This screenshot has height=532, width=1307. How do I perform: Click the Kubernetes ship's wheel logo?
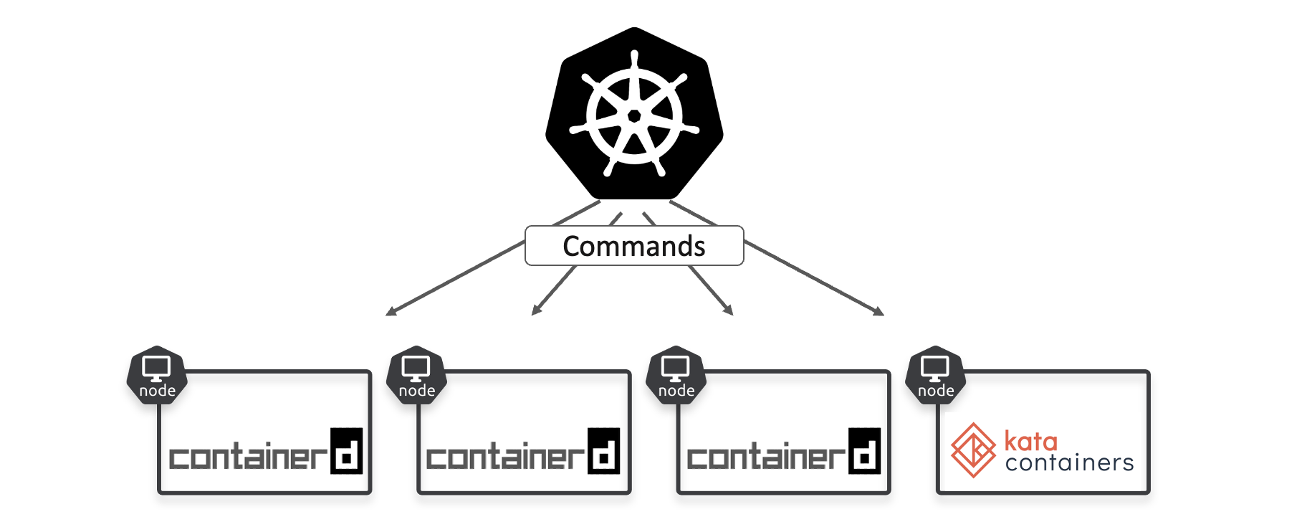pos(634,115)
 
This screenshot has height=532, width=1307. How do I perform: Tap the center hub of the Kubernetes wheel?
pos(634,116)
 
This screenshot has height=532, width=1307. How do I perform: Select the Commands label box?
pos(634,246)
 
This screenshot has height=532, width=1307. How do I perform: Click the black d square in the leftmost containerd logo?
pos(347,451)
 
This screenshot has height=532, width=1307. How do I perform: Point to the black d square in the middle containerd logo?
pos(604,451)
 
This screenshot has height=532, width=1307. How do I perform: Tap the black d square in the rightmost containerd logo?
pos(864,451)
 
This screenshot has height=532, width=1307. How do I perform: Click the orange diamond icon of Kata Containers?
pos(973,450)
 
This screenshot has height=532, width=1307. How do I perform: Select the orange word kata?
pos(1030,441)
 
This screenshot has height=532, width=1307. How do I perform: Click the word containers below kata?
pos(1069,463)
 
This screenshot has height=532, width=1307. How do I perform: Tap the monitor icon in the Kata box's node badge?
pos(935,368)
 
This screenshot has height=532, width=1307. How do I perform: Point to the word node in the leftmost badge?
pos(157,391)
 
